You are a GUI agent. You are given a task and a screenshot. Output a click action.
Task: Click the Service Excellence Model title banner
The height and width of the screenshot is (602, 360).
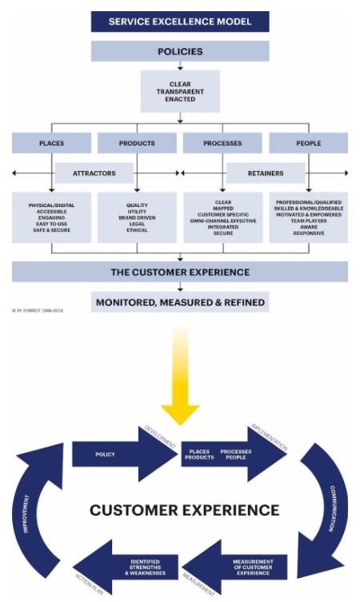pos(179,21)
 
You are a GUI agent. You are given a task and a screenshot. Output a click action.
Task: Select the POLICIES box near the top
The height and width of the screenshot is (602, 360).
pos(179,51)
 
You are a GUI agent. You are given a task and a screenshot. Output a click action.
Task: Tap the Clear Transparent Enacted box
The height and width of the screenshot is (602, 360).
pos(179,90)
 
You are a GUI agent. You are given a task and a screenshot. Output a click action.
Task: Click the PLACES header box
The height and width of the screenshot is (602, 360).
pos(51,143)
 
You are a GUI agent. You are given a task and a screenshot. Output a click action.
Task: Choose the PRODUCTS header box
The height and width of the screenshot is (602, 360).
pos(137,143)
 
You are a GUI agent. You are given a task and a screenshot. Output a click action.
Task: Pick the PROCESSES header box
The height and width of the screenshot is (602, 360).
pos(222,143)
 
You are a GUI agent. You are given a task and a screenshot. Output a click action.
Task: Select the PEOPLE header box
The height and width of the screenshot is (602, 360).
pos(308,143)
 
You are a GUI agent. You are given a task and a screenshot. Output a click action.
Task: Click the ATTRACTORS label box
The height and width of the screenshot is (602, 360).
pos(94,173)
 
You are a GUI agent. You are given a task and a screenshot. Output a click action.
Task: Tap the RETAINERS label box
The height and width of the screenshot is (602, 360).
pos(265,173)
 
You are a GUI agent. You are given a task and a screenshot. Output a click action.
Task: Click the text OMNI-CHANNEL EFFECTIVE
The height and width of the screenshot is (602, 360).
pos(223,221)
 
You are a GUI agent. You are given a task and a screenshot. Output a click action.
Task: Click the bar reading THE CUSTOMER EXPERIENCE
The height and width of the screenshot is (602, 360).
pos(179,273)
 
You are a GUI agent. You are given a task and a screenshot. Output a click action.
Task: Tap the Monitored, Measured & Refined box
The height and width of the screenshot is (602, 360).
pos(179,302)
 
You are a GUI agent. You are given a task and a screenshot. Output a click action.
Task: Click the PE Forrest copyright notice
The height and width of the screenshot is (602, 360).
pos(38,309)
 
